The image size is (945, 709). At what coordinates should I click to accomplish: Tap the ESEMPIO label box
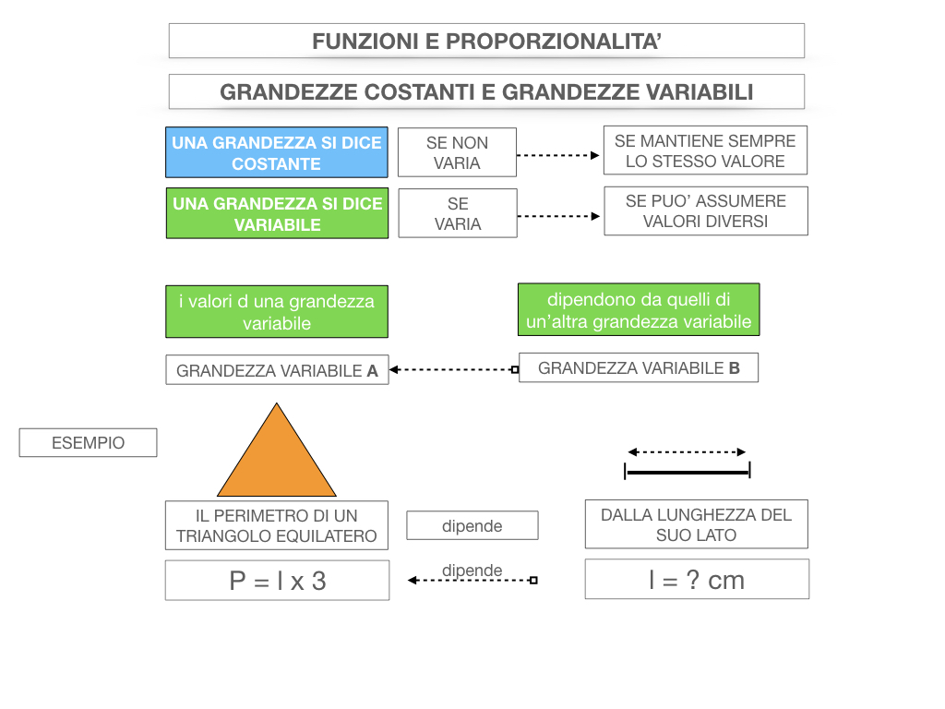click(88, 443)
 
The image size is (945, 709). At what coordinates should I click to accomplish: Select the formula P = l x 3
click(277, 580)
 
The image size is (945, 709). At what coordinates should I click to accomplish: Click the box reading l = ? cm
click(697, 580)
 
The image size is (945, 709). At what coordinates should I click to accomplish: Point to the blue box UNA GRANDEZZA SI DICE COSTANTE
click(277, 153)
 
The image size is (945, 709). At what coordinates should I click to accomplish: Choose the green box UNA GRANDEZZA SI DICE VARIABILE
click(277, 213)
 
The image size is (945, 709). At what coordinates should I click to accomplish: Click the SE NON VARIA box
click(457, 152)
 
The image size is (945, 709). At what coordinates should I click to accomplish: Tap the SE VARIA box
click(458, 213)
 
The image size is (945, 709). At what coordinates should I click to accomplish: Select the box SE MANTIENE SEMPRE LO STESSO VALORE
click(705, 150)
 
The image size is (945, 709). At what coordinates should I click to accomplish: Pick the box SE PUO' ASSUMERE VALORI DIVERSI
click(705, 211)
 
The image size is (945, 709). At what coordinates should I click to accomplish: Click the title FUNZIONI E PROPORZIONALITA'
click(486, 42)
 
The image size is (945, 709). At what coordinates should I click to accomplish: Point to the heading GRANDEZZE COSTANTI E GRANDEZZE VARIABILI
click(486, 92)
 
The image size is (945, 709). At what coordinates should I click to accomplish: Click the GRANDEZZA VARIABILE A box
click(277, 370)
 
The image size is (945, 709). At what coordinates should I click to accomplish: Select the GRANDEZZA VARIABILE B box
click(639, 367)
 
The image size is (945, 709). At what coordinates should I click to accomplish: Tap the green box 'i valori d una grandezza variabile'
click(277, 312)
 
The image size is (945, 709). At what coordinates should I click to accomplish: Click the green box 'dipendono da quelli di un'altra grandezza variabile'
click(639, 310)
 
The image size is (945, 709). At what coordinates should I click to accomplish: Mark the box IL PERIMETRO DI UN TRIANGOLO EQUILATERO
click(277, 525)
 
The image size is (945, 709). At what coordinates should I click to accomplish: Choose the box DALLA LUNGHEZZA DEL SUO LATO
click(696, 524)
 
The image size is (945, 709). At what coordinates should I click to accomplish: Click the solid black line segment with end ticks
click(688, 472)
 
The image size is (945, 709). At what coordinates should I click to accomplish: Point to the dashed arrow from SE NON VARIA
click(557, 155)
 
